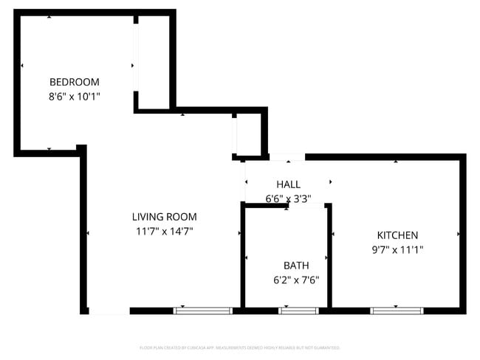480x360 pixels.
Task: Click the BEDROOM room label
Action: click(x=74, y=82)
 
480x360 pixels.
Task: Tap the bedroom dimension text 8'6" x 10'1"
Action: click(x=74, y=96)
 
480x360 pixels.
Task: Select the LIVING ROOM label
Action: click(x=164, y=217)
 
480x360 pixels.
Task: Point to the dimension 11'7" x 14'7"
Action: click(x=164, y=231)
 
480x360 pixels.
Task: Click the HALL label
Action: click(x=288, y=184)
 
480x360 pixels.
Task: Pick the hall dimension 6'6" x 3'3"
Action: click(x=288, y=198)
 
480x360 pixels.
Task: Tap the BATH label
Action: click(x=296, y=265)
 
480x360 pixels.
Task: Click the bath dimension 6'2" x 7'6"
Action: click(x=296, y=280)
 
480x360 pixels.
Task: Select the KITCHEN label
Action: click(x=397, y=235)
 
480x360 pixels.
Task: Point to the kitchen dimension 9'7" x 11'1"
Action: click(x=397, y=249)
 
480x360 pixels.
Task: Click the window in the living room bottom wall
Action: click(x=203, y=311)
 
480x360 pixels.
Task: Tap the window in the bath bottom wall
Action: click(x=298, y=311)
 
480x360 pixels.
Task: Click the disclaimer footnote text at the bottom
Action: click(x=240, y=347)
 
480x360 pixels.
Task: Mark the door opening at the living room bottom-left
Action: click(x=109, y=311)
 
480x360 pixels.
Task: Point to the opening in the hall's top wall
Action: click(x=287, y=156)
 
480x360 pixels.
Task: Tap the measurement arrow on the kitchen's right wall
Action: click(x=459, y=234)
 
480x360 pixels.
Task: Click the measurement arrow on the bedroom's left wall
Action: click(x=22, y=66)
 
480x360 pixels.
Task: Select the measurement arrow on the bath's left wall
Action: click(x=247, y=257)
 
